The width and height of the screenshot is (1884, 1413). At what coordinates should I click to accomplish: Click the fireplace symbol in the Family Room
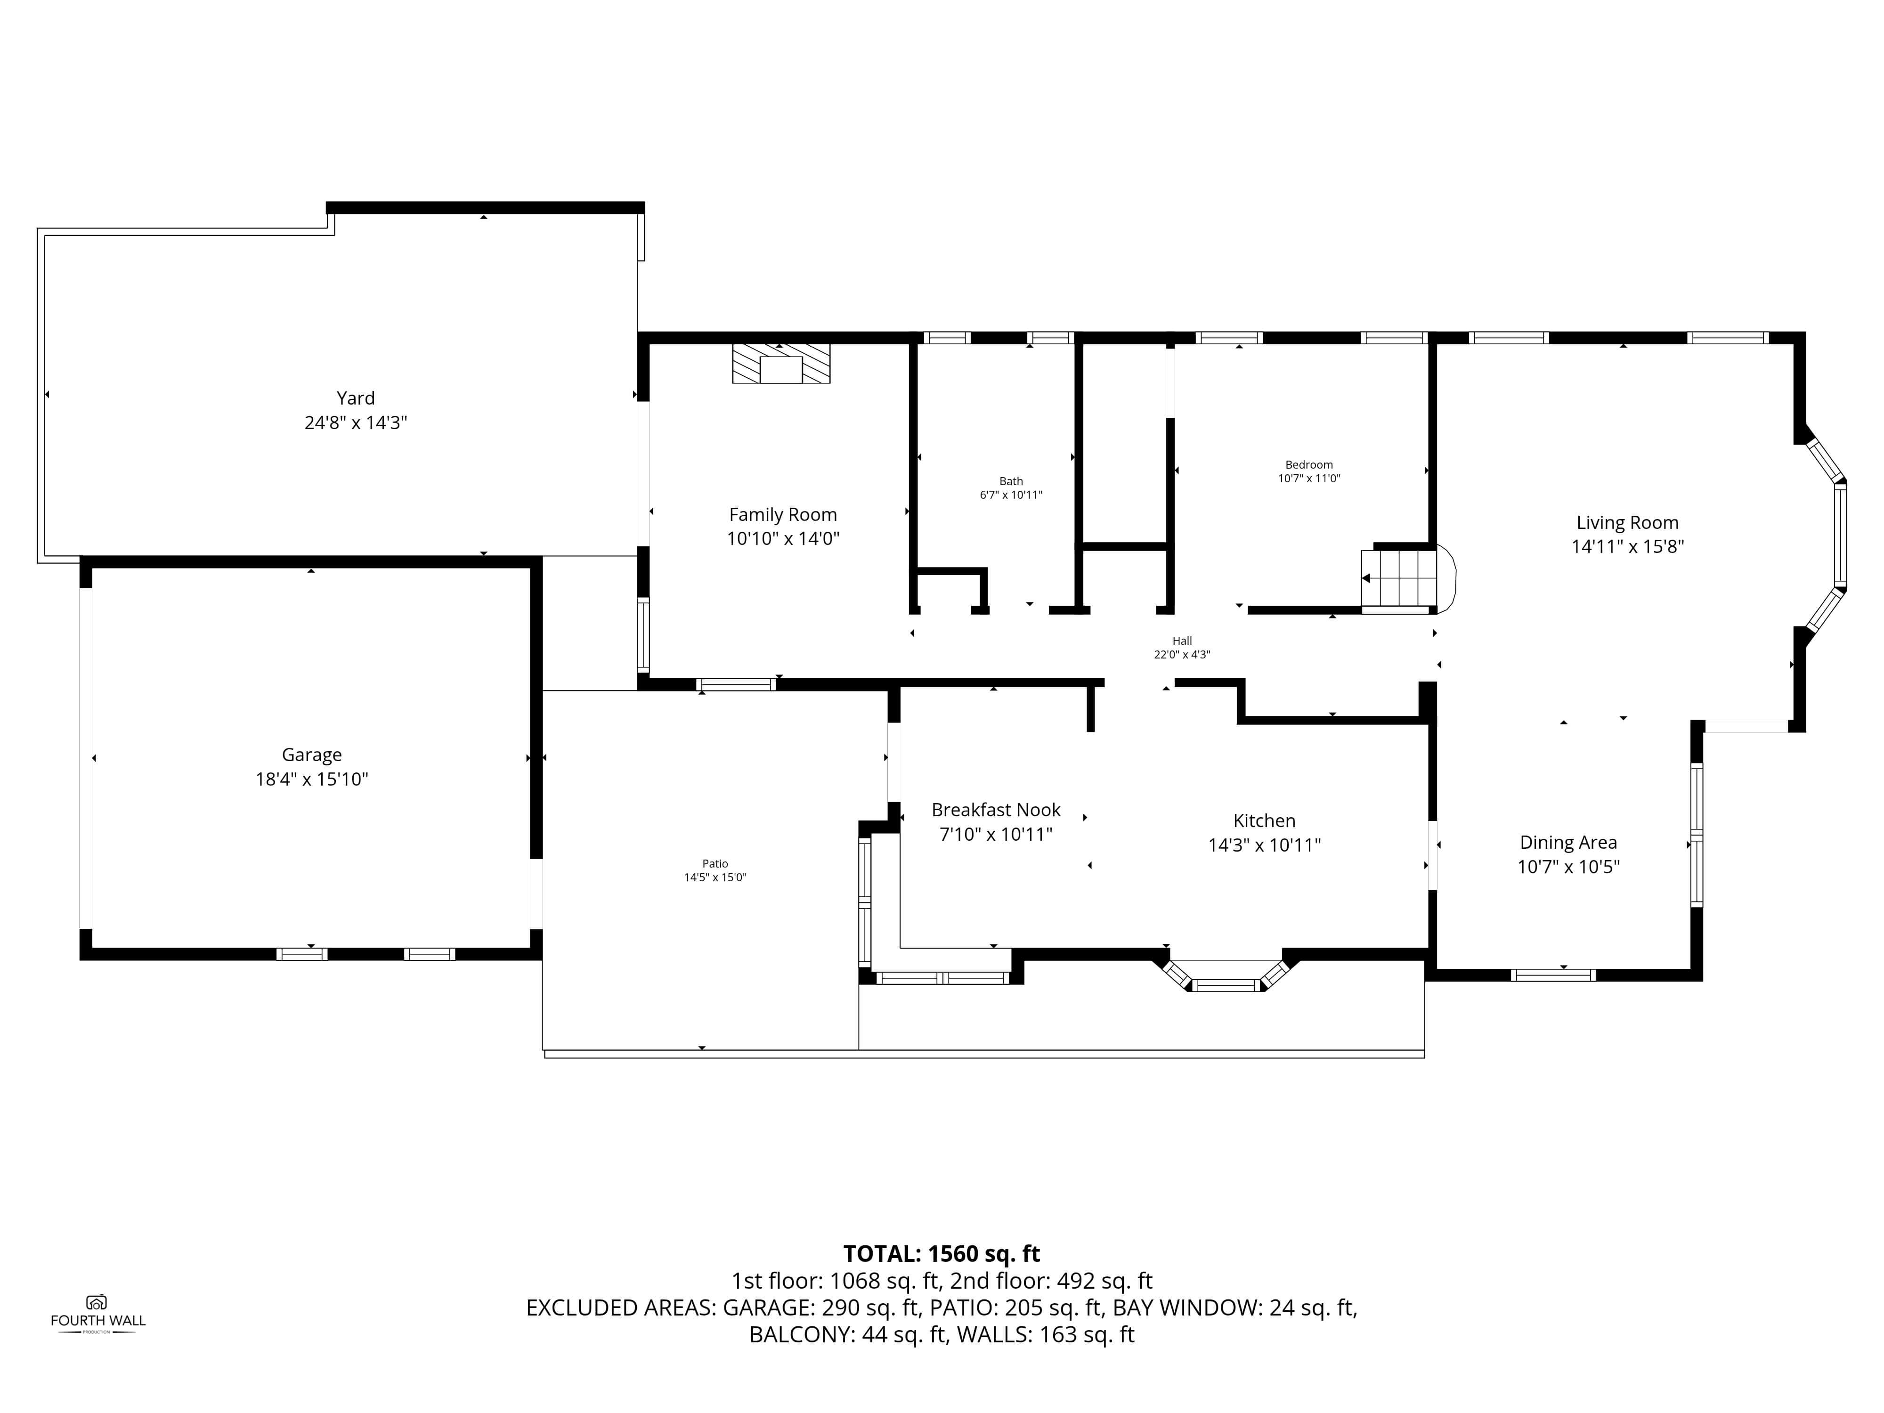point(781,364)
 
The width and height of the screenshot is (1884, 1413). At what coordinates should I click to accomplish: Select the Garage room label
point(312,755)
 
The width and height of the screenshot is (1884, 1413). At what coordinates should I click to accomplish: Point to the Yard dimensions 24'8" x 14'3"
point(356,422)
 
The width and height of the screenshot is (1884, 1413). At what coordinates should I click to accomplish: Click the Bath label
point(1011,481)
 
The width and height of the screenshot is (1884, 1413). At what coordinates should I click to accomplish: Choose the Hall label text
point(1182,641)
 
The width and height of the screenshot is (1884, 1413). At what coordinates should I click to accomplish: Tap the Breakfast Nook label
point(996,810)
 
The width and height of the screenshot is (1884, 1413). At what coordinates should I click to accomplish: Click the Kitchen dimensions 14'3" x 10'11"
point(1265,845)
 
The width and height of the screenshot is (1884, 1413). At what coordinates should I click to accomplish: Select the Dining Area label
point(1568,842)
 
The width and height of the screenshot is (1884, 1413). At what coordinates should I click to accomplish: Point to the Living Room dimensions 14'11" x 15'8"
point(1628,547)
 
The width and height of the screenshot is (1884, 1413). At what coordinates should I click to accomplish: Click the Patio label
point(715,864)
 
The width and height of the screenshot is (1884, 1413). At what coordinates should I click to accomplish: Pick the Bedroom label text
point(1309,465)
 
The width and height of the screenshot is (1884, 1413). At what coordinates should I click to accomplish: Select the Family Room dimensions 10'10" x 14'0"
point(783,538)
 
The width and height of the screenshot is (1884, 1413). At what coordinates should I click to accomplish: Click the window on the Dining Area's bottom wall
point(1553,975)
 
